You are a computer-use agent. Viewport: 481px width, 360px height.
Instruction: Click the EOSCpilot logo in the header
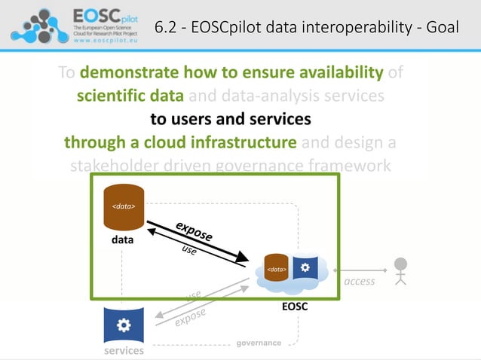tap(75, 25)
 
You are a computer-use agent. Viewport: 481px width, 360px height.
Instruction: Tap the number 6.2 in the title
tap(167, 28)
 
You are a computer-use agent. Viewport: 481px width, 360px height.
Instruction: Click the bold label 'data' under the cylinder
tap(123, 242)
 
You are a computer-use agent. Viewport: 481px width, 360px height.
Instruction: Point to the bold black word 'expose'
tap(194, 230)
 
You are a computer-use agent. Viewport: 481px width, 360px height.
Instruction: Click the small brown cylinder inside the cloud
tap(277, 270)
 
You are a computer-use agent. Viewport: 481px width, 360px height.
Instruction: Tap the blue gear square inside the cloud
tap(304, 268)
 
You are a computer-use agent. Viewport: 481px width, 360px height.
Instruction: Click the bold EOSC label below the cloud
tap(294, 307)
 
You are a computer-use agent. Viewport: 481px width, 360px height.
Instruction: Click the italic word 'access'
tap(359, 282)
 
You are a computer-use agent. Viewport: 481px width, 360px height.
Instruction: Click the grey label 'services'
tap(123, 351)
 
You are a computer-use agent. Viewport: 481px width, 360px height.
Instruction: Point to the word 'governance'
tap(259, 343)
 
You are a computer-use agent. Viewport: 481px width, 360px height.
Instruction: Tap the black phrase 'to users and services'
tap(230, 119)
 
